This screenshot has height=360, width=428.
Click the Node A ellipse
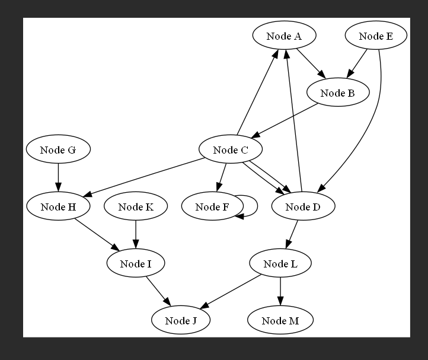point(283,36)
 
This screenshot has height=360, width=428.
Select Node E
point(376,36)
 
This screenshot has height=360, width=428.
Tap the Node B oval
point(338,93)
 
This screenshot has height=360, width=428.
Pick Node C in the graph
point(230,149)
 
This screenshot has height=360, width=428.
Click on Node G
point(58,149)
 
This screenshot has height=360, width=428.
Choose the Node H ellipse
point(58,206)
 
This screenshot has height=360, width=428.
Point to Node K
point(136,206)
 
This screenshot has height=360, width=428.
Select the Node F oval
point(212,206)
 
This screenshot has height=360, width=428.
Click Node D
point(302,206)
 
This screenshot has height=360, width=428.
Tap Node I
point(136,263)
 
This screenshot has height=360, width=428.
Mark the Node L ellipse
point(280,263)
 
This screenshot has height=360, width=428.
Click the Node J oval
point(181,320)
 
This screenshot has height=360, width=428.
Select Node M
point(280,320)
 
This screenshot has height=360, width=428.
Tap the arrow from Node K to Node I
point(136,235)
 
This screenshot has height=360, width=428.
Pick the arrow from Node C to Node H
point(142,177)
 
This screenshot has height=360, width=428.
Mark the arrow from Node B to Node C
point(285,121)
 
